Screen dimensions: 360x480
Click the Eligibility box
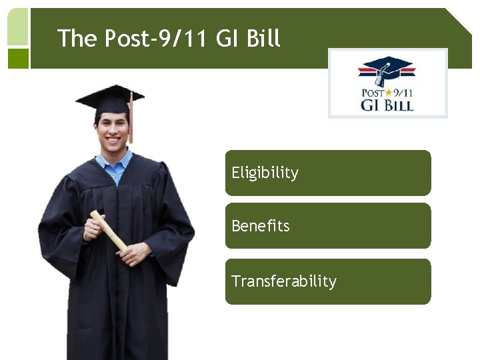click(328, 173)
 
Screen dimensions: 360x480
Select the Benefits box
click(328, 226)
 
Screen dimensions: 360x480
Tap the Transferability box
click(328, 281)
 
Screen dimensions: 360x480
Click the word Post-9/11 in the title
click(157, 39)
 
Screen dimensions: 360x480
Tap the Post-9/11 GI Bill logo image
click(387, 83)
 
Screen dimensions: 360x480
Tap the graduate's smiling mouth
click(114, 142)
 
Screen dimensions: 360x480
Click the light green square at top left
click(18, 27)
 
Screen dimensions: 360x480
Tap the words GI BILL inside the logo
click(387, 105)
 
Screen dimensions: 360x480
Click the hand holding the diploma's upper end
click(94, 227)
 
